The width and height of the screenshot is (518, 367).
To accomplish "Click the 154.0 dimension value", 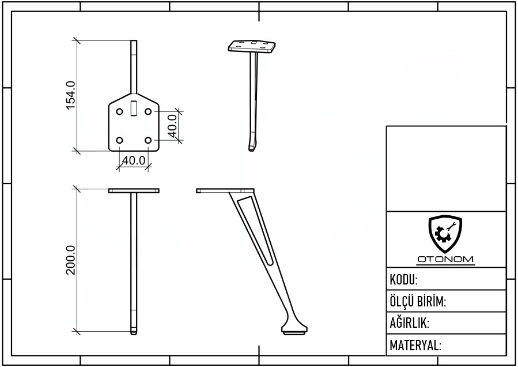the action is (x=71, y=95).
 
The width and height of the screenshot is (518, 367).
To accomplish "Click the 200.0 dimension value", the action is (x=71, y=260).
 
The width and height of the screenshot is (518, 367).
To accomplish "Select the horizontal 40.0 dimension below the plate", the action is (x=134, y=160).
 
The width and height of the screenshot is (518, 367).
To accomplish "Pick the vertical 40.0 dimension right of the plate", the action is (x=172, y=126).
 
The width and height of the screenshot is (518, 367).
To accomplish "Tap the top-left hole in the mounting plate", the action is (x=120, y=111).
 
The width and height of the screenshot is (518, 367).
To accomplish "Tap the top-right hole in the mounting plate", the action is (x=148, y=111).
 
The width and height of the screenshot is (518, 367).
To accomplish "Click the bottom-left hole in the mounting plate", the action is (x=120, y=140).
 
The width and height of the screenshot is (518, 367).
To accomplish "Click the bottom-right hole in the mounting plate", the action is (x=148, y=140).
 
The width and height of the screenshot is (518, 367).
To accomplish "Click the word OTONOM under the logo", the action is (x=445, y=259).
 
